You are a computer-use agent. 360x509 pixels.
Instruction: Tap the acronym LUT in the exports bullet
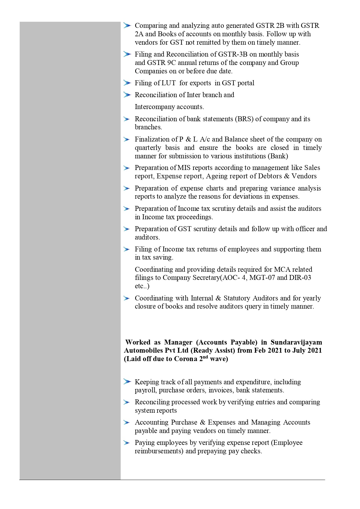coord(169,83)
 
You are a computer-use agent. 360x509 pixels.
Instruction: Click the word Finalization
coord(151,139)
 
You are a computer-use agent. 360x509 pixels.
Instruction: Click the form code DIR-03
coord(300,278)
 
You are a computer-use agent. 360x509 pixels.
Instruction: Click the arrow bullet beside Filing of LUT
coord(127,83)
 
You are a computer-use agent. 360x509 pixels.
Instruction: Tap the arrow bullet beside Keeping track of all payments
coord(127,382)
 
